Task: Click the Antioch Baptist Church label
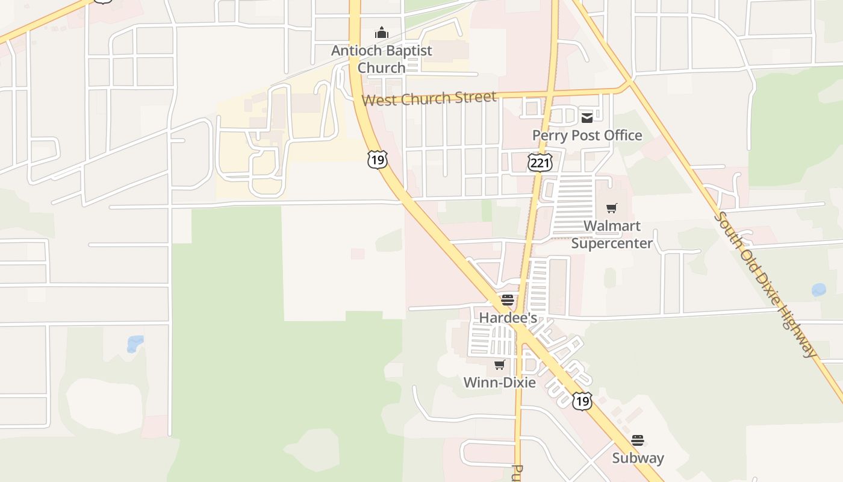tap(381, 59)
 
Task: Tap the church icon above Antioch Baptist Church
tap(381, 33)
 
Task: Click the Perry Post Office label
tap(587, 136)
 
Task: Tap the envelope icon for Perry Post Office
tap(587, 118)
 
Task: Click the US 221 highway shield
tap(540, 161)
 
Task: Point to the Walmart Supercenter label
tap(612, 234)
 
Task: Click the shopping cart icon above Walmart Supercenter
tap(612, 208)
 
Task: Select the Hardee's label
tap(508, 317)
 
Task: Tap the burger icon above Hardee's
tap(508, 300)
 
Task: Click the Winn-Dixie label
tap(499, 382)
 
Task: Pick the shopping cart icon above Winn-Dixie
tap(499, 365)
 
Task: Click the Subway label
tap(638, 458)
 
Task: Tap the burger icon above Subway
tap(638, 440)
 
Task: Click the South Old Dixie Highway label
tap(767, 284)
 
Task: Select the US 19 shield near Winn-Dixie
tap(582, 401)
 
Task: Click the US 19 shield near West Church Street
tap(377, 160)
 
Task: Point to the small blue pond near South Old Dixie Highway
tap(819, 290)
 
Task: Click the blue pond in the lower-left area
tap(135, 343)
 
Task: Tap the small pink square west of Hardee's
tap(358, 254)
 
